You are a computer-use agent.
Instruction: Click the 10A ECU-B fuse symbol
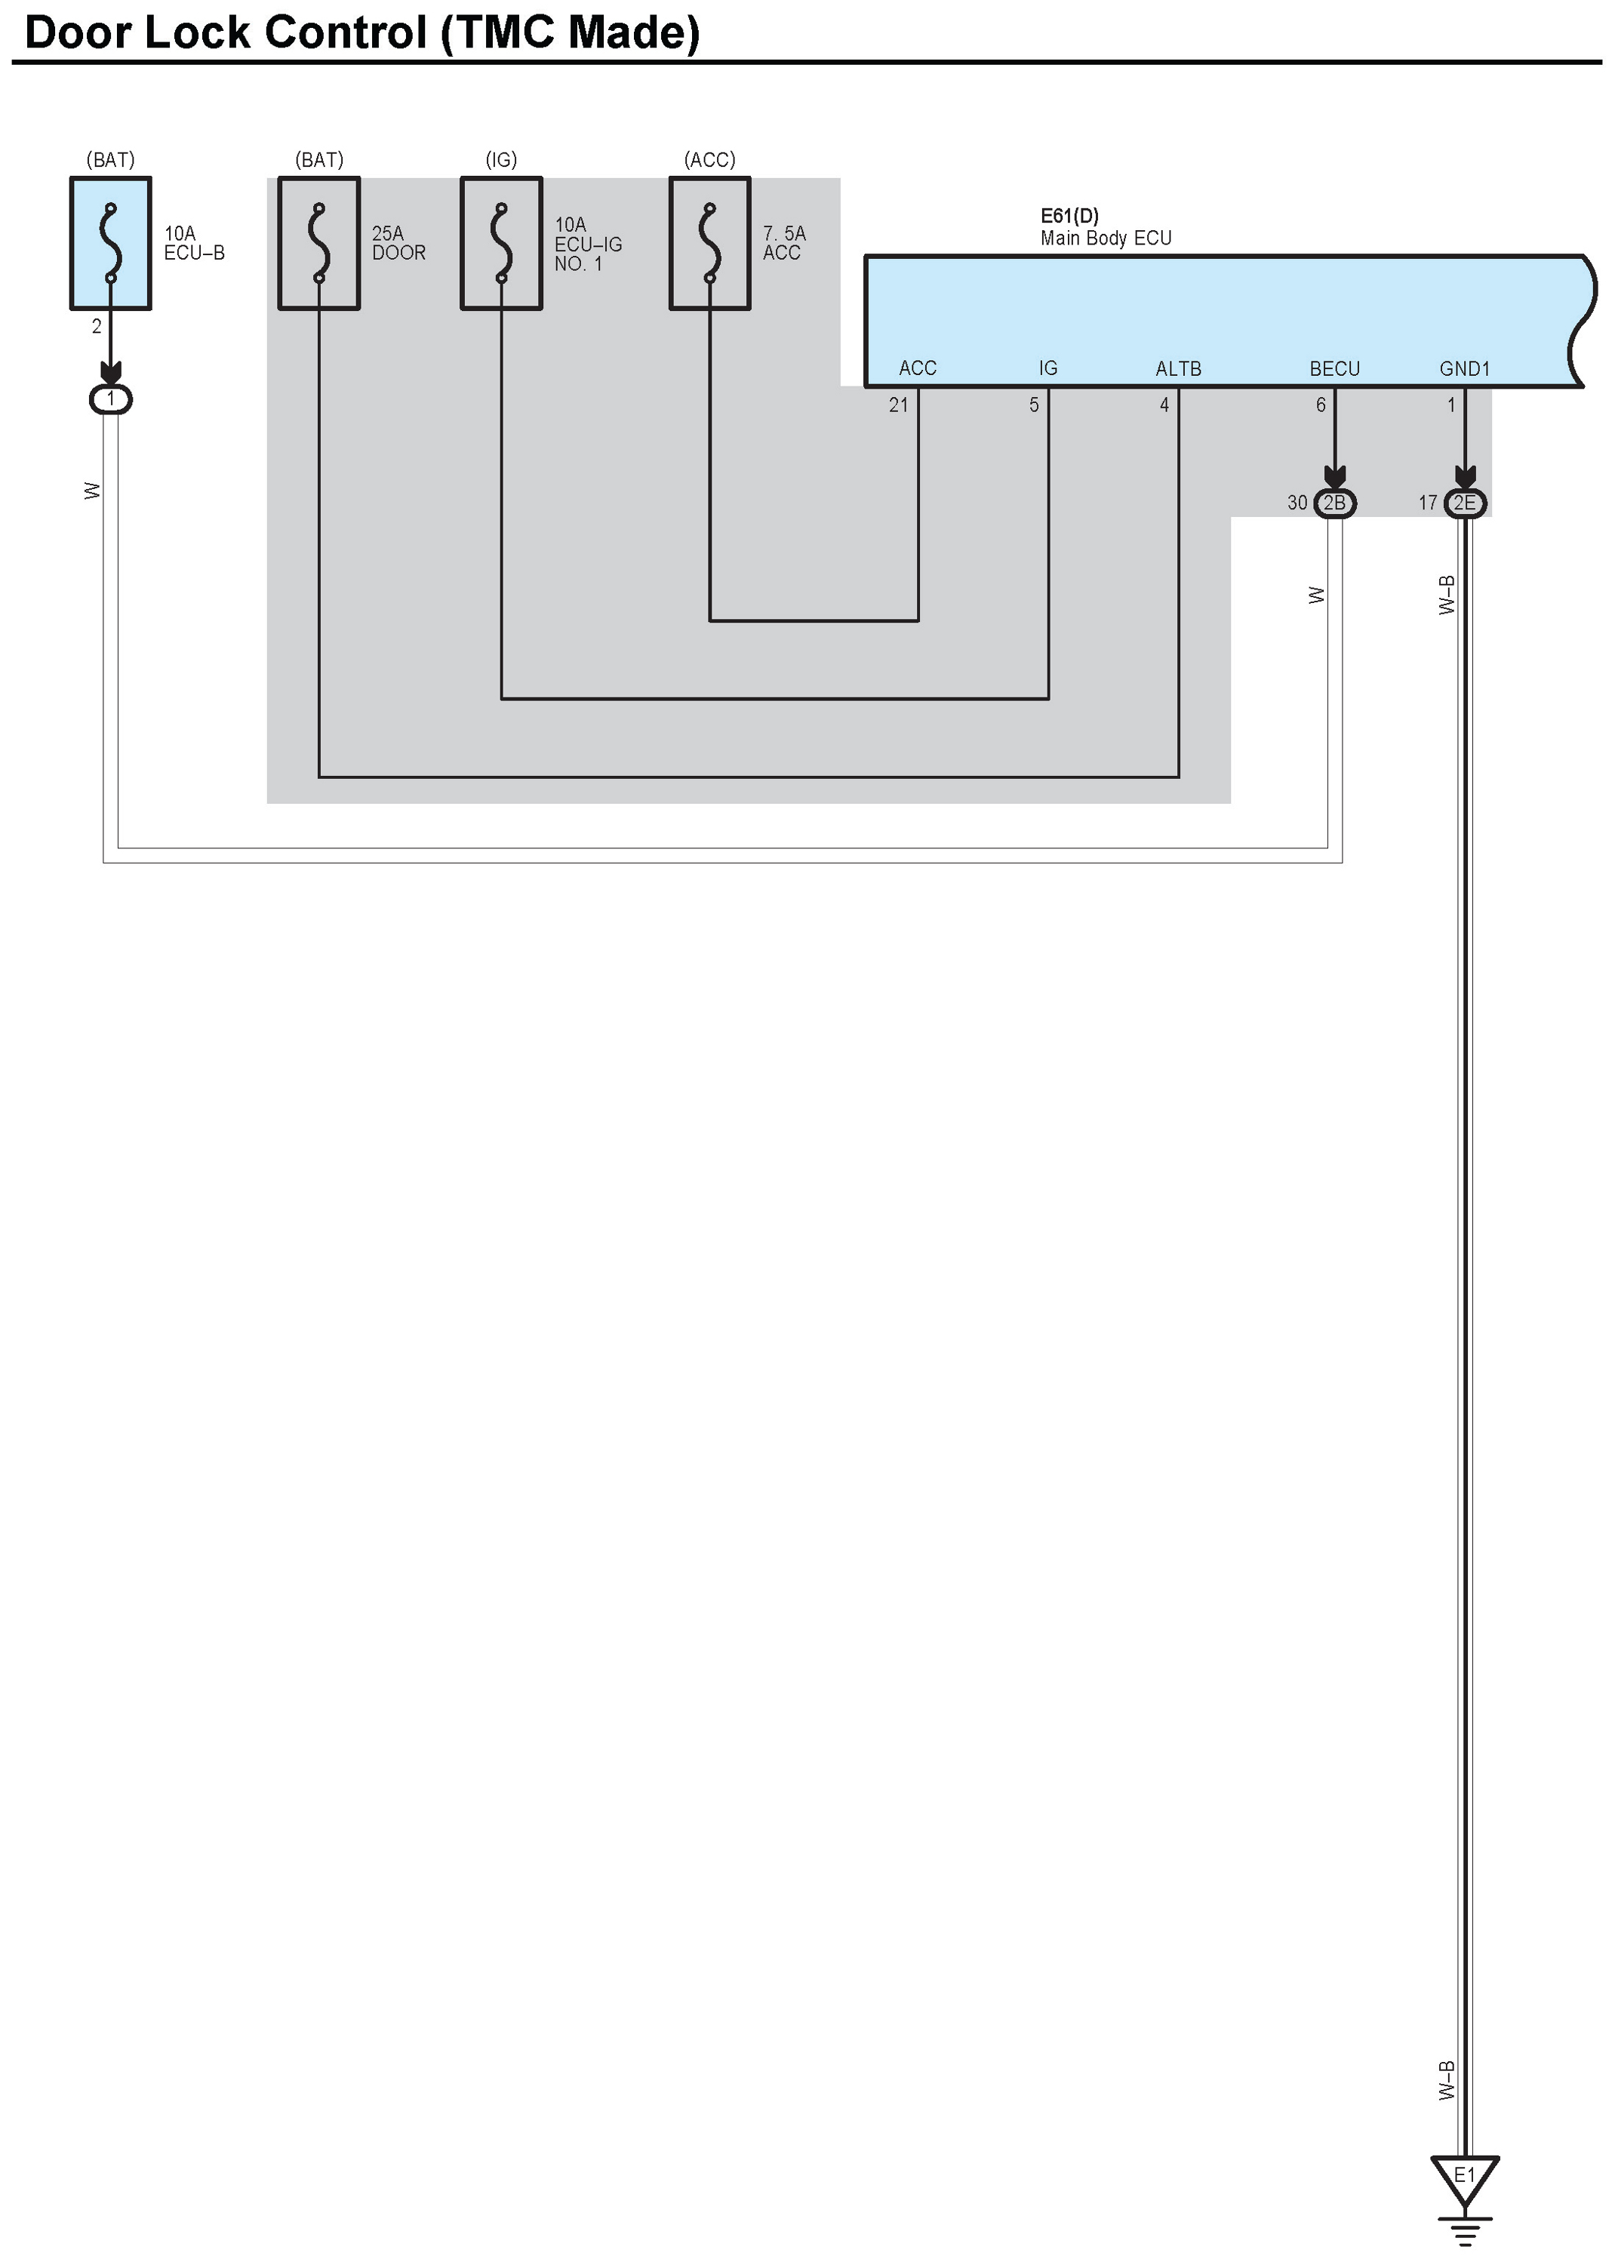pos(110,244)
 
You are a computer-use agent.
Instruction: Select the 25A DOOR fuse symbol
pos(318,244)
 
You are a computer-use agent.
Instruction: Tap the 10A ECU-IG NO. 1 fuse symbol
pos(501,244)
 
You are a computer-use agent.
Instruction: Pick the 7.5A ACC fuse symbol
pos(709,244)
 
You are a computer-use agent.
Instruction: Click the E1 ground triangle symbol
pos(1464,2180)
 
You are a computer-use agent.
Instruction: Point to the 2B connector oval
pos(1334,503)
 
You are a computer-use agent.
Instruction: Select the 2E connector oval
pos(1465,503)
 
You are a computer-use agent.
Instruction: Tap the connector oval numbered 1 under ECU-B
pos(110,400)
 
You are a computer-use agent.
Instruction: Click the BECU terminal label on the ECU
pos(1334,369)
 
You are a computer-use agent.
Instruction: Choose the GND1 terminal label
pos(1465,369)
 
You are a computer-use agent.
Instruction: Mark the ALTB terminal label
pos(1179,369)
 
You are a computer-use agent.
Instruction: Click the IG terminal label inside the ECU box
pos(1048,368)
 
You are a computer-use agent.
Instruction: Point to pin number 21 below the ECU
pos(898,405)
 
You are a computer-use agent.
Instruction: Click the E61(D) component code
pos(1069,216)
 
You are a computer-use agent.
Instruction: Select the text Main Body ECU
pos(1106,239)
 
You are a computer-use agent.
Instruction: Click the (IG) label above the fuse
pos(501,160)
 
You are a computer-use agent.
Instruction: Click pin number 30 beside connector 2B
pos(1297,503)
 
